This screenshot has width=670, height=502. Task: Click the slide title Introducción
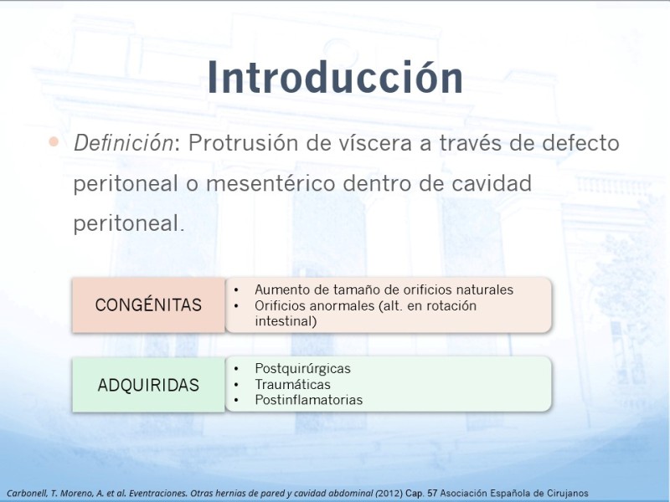336,77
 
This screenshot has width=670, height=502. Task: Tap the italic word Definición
123,143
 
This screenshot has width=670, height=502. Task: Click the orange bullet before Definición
54,141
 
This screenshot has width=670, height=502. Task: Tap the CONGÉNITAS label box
148,305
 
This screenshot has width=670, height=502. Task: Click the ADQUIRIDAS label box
148,385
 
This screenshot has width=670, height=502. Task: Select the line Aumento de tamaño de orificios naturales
384,289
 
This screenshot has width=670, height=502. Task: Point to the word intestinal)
286,321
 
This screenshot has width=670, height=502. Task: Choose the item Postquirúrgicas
302,369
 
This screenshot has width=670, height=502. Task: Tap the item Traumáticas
292,385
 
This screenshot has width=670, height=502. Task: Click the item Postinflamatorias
308,400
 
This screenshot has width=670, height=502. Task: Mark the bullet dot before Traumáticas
236,385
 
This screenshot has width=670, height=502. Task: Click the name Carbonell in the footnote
27,494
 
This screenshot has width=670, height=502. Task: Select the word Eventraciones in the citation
158,494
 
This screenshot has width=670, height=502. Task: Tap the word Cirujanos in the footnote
568,494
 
